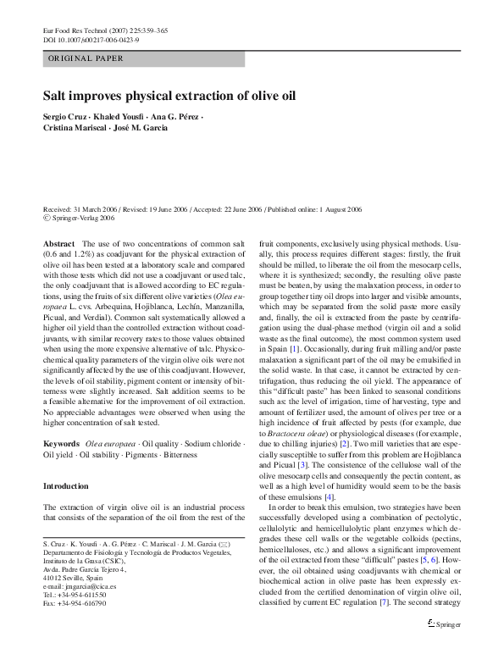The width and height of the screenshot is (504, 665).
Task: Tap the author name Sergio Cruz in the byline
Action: tap(66, 115)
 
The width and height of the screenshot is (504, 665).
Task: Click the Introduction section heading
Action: tap(65, 510)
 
